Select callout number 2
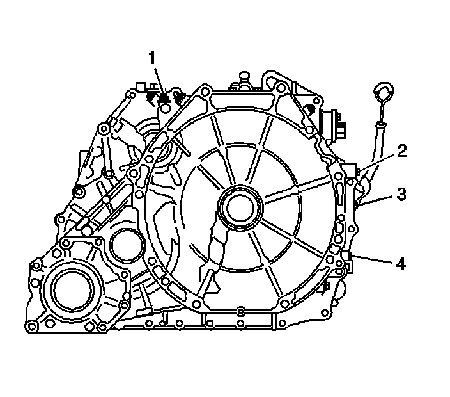[x=402, y=151]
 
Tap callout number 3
[x=401, y=194]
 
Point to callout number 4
[x=401, y=264]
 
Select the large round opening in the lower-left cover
[x=73, y=289]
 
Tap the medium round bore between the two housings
[x=127, y=245]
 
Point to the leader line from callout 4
[x=373, y=259]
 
